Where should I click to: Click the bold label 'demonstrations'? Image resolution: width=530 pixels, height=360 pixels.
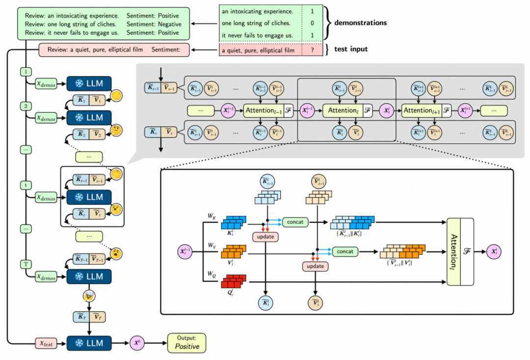360,23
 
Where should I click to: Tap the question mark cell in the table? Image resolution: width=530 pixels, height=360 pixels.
312,50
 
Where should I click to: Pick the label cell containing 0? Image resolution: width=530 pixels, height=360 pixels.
312,23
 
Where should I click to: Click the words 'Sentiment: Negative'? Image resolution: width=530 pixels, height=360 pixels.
154,24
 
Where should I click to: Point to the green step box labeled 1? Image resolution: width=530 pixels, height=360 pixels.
25,72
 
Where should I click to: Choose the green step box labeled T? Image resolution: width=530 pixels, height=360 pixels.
25,265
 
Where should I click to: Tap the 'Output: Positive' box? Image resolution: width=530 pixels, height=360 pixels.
187,342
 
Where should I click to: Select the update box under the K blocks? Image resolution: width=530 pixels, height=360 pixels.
265,237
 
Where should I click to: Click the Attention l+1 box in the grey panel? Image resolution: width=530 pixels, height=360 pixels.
421,110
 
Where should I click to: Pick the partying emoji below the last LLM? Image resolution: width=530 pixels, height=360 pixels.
89,296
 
